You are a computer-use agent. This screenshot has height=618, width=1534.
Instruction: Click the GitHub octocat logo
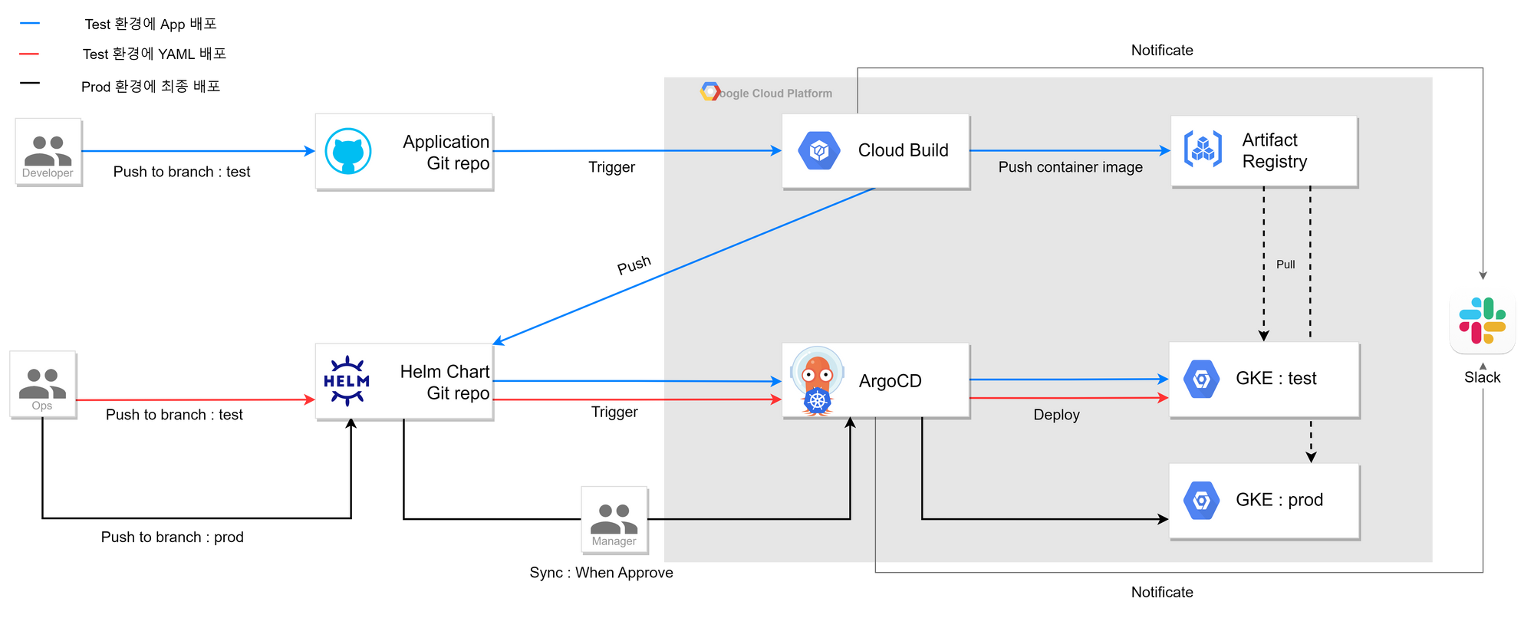tap(348, 151)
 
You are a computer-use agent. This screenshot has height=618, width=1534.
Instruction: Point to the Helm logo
tap(347, 380)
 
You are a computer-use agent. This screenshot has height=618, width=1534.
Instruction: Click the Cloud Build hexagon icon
tap(819, 151)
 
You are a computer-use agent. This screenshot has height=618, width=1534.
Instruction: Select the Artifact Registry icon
tap(1203, 149)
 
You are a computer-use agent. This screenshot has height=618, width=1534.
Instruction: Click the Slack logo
tap(1482, 321)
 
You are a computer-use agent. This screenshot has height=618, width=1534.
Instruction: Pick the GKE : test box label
tap(1276, 378)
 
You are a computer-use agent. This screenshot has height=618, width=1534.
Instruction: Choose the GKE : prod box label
tap(1279, 500)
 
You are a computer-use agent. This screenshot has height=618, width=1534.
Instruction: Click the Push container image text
tap(1070, 167)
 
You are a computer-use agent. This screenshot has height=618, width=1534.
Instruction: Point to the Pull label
tap(1285, 265)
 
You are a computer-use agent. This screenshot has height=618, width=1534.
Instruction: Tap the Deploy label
tap(1056, 415)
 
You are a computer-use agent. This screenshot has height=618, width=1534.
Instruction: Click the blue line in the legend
tap(30, 23)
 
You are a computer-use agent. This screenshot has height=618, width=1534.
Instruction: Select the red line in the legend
tap(29, 54)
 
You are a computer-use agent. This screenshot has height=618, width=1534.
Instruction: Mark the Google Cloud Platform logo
tap(710, 92)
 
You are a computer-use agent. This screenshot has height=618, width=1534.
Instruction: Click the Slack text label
tap(1482, 377)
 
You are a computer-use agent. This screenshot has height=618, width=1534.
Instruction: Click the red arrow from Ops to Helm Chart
tap(192, 399)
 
